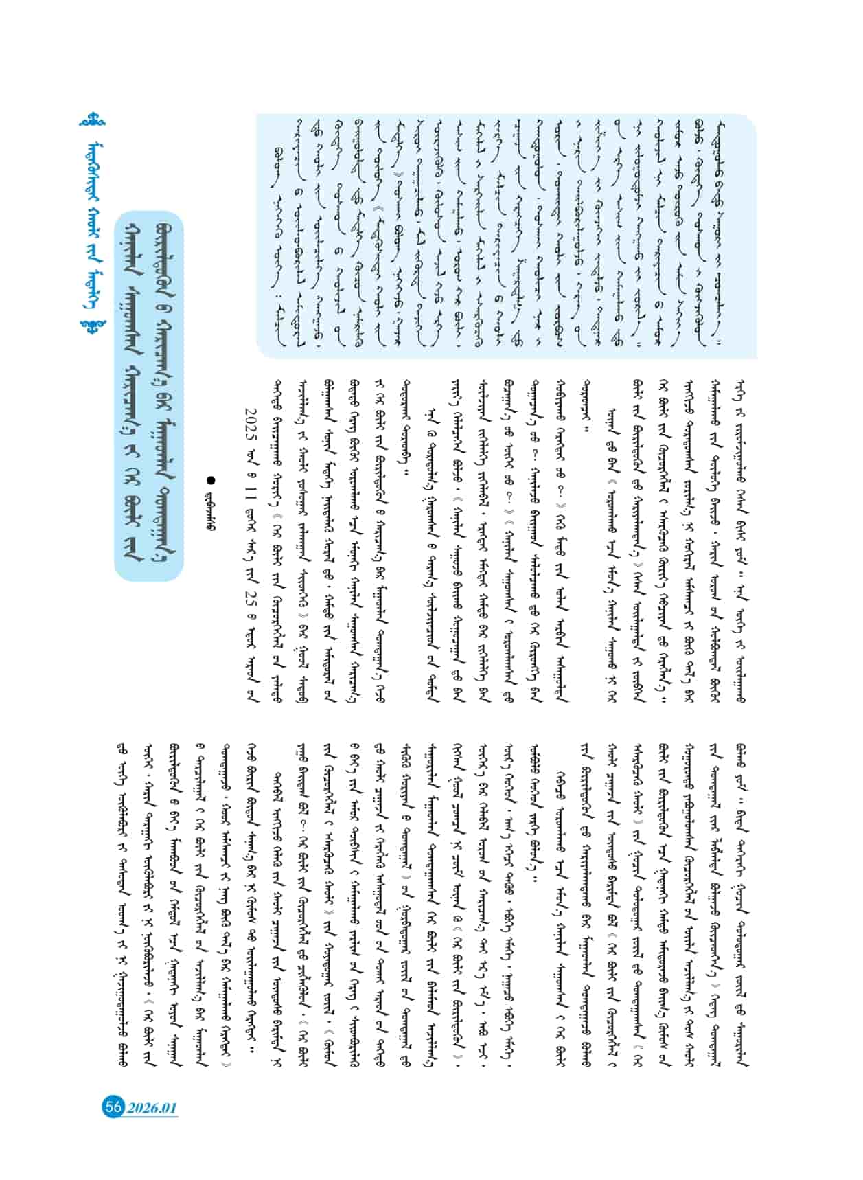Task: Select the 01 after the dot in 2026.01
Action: click(169, 1108)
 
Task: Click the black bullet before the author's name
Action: click(211, 481)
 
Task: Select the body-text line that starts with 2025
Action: click(250, 536)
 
